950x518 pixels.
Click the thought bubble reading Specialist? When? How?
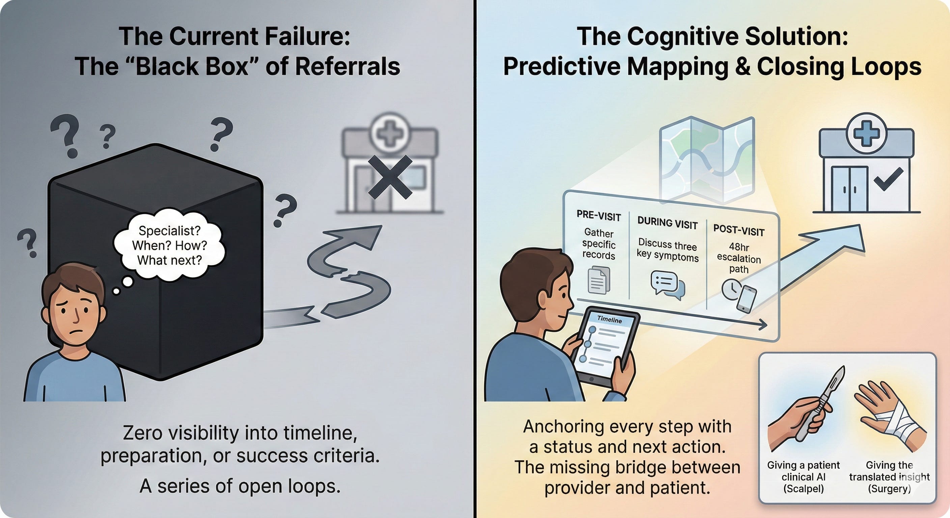pyautogui.click(x=169, y=245)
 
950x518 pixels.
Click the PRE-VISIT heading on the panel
pyautogui.click(x=598, y=216)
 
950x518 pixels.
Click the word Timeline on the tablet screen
pyautogui.click(x=609, y=319)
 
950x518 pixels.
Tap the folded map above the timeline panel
pyautogui.click(x=706, y=159)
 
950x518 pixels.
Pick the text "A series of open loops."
pyautogui.click(x=240, y=486)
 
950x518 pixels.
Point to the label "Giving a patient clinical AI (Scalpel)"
pyautogui.click(x=803, y=477)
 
